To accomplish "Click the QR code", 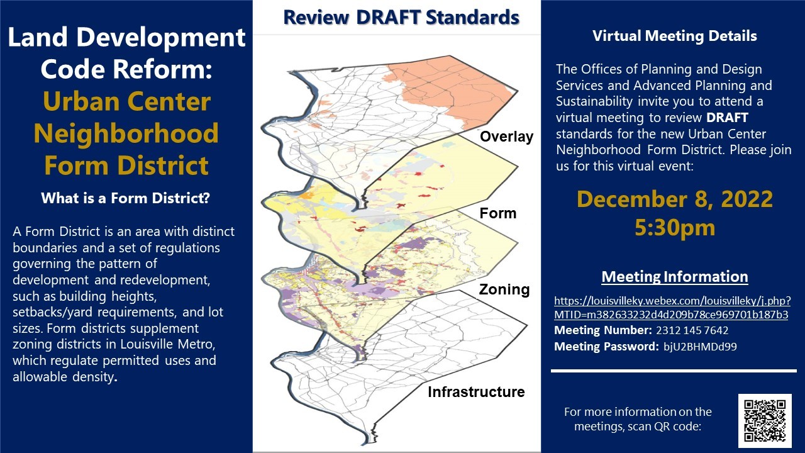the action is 765,420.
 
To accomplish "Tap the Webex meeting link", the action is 672,308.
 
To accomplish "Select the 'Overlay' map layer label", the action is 506,137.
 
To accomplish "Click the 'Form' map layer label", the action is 497,213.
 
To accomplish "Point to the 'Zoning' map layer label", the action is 504,289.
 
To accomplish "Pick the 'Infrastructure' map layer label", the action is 476,391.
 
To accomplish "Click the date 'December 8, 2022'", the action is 675,199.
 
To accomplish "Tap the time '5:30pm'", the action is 675,228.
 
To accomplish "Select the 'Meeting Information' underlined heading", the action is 675,276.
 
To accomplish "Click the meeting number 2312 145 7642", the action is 692,330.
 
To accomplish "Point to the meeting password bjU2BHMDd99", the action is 700,346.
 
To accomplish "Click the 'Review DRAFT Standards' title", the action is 401,17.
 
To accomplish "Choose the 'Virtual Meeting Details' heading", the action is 675,36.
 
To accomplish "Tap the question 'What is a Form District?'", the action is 125,198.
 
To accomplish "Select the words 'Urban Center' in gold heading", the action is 126,101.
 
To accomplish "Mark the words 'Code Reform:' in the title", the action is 126,69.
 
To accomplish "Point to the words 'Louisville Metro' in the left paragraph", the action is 167,344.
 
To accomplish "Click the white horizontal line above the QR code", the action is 674,371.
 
